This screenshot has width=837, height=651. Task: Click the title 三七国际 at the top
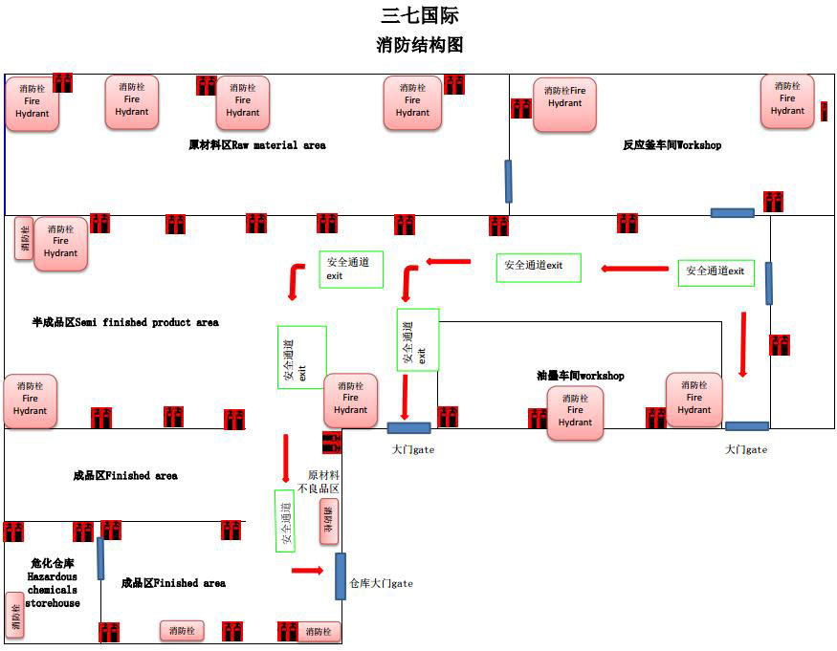(420, 15)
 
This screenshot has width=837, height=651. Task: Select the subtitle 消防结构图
(420, 45)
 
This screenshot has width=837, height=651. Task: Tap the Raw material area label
(257, 145)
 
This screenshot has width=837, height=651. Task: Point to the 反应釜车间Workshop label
(672, 145)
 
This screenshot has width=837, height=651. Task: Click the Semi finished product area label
(125, 322)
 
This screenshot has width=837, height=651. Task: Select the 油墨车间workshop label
(580, 376)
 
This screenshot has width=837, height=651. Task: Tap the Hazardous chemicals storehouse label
(52, 583)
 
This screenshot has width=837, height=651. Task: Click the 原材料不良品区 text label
(323, 482)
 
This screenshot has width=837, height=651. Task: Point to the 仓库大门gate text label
(381, 583)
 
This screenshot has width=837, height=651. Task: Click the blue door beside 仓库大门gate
(341, 576)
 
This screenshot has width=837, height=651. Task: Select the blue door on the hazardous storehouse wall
(100, 558)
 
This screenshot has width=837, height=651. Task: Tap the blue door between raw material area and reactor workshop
(508, 181)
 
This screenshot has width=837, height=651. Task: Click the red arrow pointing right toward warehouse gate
(307, 571)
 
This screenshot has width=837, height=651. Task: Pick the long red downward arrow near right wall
(742, 344)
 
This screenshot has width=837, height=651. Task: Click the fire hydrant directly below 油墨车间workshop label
(575, 413)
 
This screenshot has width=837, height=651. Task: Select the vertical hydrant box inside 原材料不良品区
(329, 521)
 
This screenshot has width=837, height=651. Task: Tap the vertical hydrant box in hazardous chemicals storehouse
(14, 615)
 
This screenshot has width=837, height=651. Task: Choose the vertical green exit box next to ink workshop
(418, 339)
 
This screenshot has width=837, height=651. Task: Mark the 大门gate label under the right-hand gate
(745, 449)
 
